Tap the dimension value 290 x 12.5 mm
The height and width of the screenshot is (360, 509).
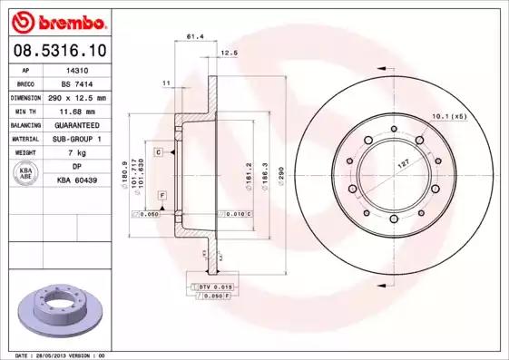(x=76, y=97)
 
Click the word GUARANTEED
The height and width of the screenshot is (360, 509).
(x=76, y=125)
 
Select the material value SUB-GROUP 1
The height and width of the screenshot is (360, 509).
(x=76, y=139)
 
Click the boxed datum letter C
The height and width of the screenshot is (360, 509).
(x=158, y=152)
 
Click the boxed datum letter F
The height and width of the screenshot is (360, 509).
(x=162, y=196)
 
